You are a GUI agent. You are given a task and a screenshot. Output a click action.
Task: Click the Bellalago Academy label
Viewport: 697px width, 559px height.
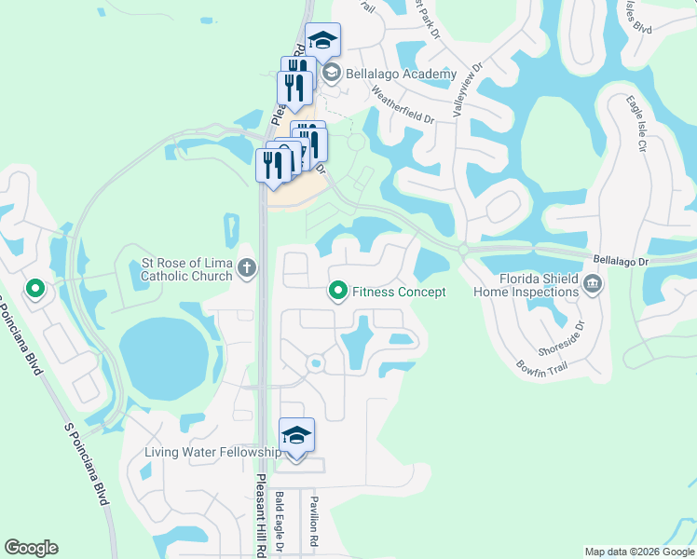pos(401,74)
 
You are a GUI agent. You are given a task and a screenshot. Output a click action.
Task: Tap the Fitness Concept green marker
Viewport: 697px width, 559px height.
pos(338,292)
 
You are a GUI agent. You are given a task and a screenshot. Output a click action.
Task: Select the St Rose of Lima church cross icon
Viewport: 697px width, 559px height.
pos(246,269)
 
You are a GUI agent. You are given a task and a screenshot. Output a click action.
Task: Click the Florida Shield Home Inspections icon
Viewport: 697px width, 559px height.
pos(593,282)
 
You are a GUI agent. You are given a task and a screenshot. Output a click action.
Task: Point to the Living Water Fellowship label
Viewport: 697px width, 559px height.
pos(212,453)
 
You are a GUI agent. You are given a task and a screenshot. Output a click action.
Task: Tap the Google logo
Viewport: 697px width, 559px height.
pos(31,548)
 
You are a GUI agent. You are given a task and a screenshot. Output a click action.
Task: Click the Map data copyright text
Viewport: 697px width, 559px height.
pos(639,552)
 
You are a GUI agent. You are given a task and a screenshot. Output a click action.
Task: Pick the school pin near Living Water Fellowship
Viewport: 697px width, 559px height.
pos(296,436)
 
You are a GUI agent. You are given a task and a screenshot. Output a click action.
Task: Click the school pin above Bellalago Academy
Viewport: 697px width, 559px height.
pos(322,41)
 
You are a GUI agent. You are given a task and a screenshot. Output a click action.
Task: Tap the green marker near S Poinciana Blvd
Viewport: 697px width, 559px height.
pos(35,289)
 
